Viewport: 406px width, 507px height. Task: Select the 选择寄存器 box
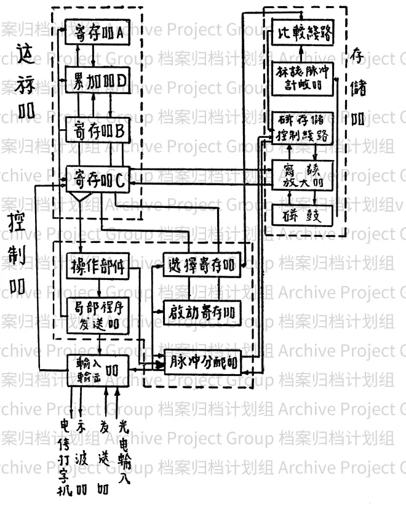point(202,266)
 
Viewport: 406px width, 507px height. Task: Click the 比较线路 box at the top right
point(303,34)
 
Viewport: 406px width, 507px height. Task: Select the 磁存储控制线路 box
point(303,128)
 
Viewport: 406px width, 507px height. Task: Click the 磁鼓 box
point(303,216)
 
